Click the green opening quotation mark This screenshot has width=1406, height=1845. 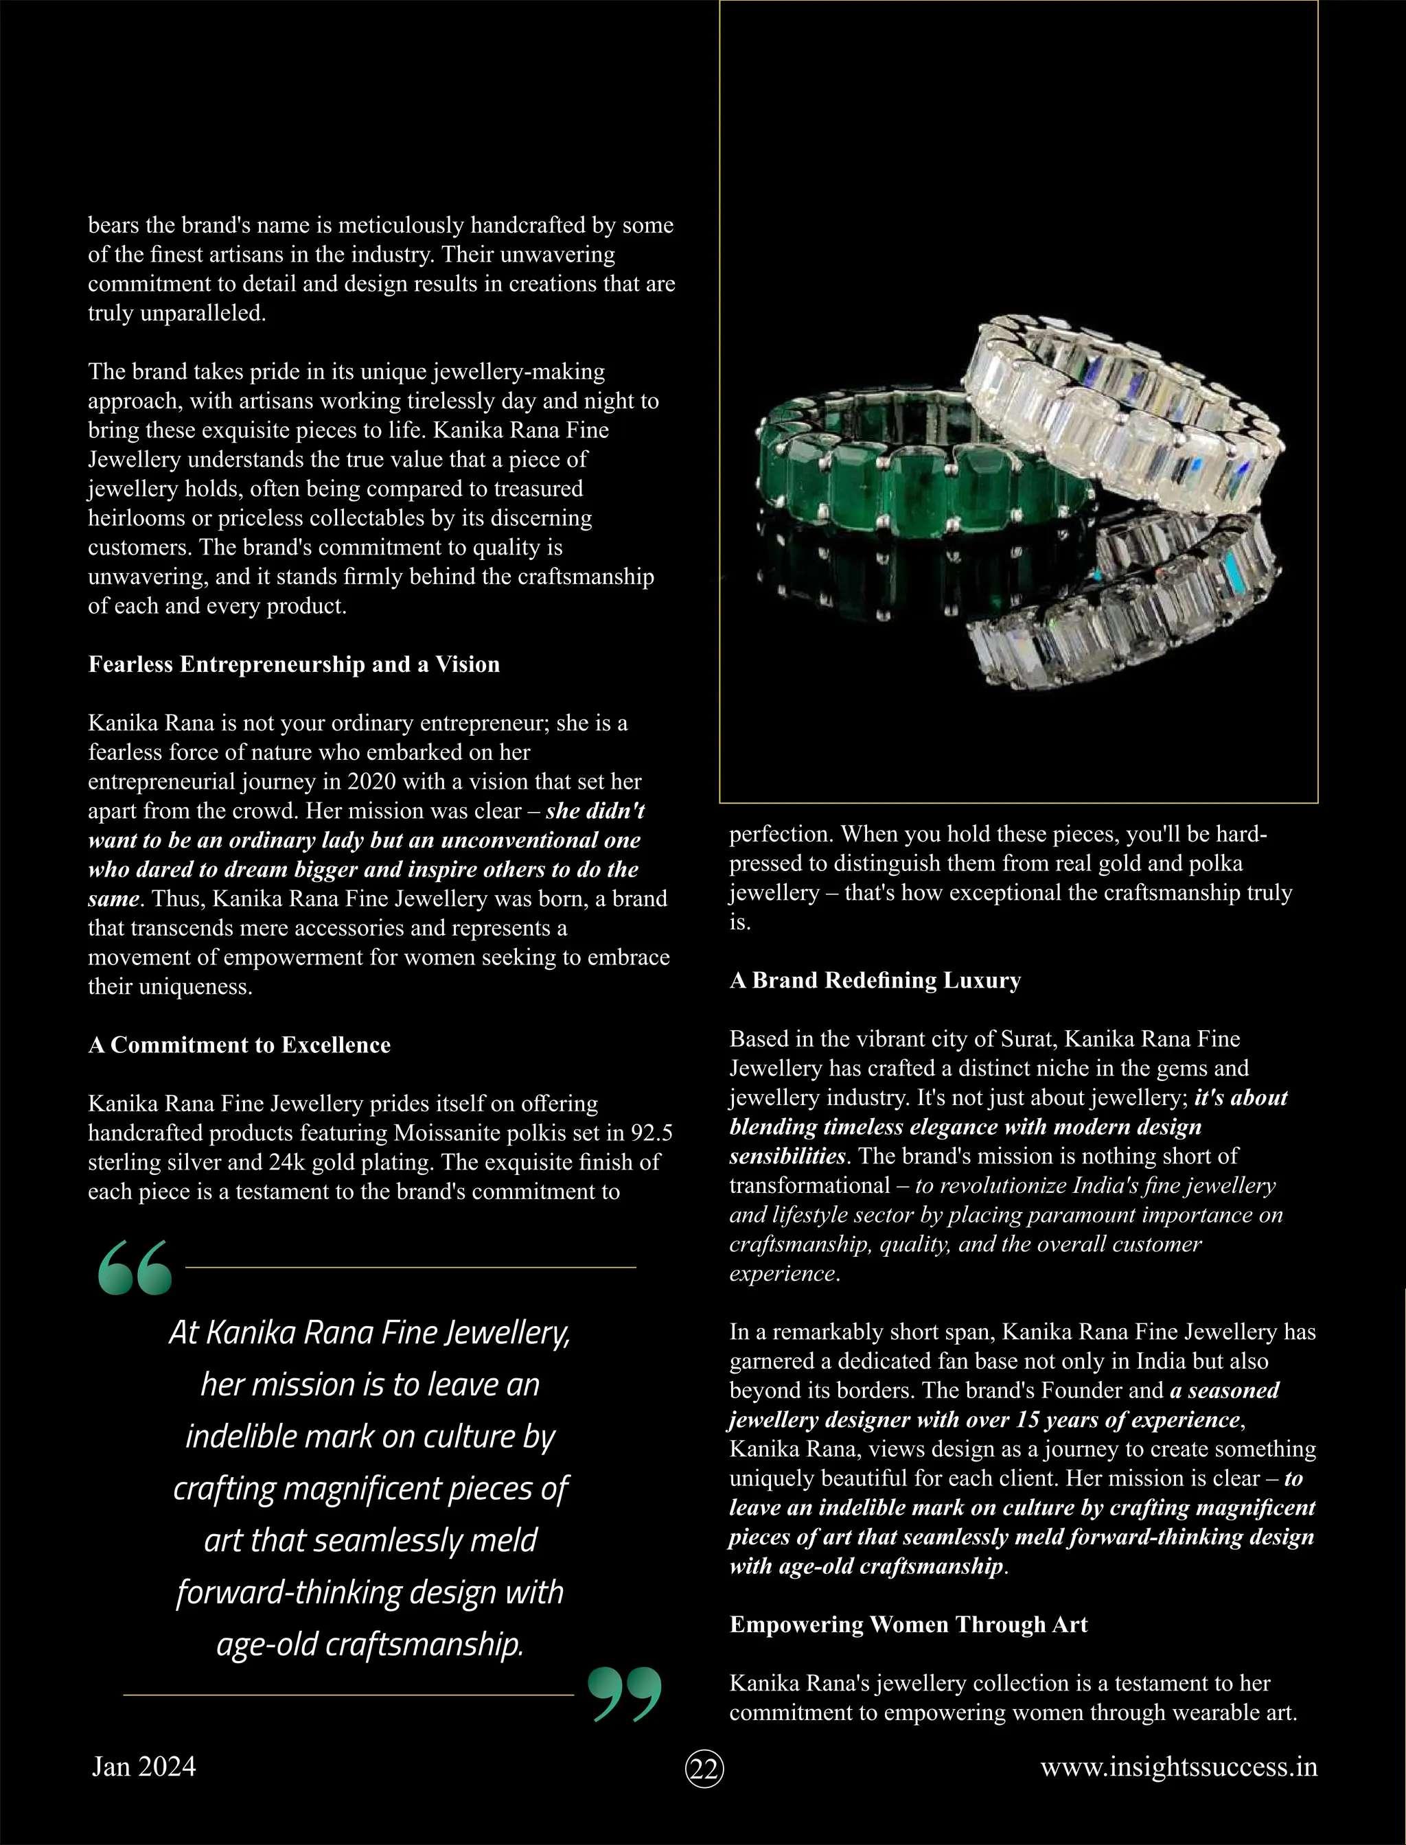click(135, 1267)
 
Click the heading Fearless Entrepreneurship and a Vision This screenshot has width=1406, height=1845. click(294, 664)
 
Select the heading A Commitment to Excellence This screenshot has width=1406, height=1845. click(240, 1045)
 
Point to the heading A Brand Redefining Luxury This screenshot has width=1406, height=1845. click(875, 980)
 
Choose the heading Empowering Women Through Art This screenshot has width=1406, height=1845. click(908, 1624)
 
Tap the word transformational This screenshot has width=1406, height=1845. click(809, 1185)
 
